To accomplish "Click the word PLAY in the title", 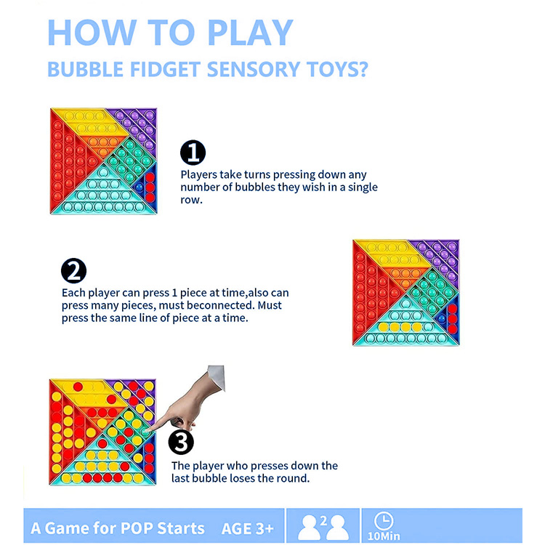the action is tap(250, 32).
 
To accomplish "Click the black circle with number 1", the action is tap(193, 153).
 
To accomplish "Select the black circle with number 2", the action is tap(73, 271).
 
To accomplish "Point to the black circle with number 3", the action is tap(181, 442).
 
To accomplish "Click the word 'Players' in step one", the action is tap(198, 174).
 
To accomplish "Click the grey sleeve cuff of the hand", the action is tap(217, 377).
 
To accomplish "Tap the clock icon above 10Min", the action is tap(384, 521).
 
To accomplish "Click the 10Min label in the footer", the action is tap(384, 536).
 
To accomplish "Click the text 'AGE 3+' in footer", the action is tap(248, 529).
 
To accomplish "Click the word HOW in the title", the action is tap(92, 32).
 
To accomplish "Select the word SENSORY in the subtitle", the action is tap(254, 69).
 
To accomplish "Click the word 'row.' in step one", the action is tap(191, 200).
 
